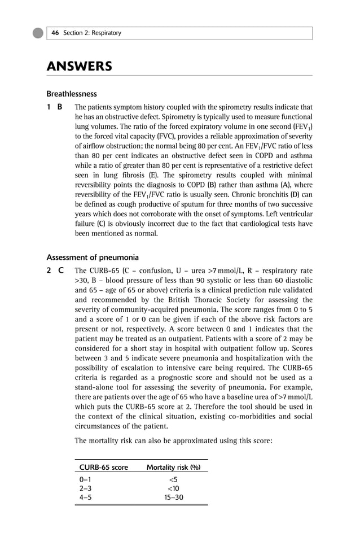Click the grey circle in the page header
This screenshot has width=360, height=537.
coord(38,33)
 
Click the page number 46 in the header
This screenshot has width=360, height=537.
coord(55,33)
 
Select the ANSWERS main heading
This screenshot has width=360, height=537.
coord(79,67)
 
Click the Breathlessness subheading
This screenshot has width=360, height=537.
coord(72,94)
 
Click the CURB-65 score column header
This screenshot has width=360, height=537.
coord(104,468)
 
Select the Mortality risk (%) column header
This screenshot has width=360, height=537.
coord(174,468)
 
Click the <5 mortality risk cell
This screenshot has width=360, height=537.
coord(174,480)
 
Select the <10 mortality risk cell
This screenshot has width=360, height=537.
coord(174,488)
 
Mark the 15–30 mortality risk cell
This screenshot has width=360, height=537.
coord(174,497)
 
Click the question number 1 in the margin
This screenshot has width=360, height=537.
coord(49,107)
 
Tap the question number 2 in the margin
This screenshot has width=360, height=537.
coord(49,270)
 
